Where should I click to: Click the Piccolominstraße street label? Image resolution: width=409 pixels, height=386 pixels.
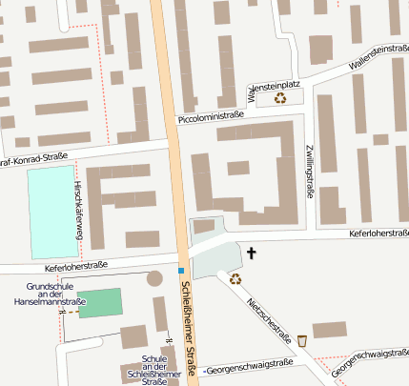tap(211, 117)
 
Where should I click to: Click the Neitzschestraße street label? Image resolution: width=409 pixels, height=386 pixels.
tap(268, 318)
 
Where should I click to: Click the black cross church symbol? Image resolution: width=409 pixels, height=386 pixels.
tap(253, 253)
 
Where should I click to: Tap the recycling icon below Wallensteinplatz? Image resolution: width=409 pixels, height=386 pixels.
tap(280, 96)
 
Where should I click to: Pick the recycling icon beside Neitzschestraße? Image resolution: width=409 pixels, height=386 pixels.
tap(235, 279)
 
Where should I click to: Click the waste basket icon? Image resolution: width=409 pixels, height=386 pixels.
tap(302, 340)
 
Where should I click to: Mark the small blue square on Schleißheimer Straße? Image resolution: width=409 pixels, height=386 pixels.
tap(180, 271)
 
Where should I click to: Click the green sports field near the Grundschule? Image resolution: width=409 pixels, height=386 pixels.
tap(100, 302)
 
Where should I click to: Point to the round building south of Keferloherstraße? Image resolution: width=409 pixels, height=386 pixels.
tap(154, 279)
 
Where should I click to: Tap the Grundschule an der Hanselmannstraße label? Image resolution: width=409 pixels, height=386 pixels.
tap(45, 295)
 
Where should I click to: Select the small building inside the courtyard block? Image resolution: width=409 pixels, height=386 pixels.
tap(238, 168)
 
